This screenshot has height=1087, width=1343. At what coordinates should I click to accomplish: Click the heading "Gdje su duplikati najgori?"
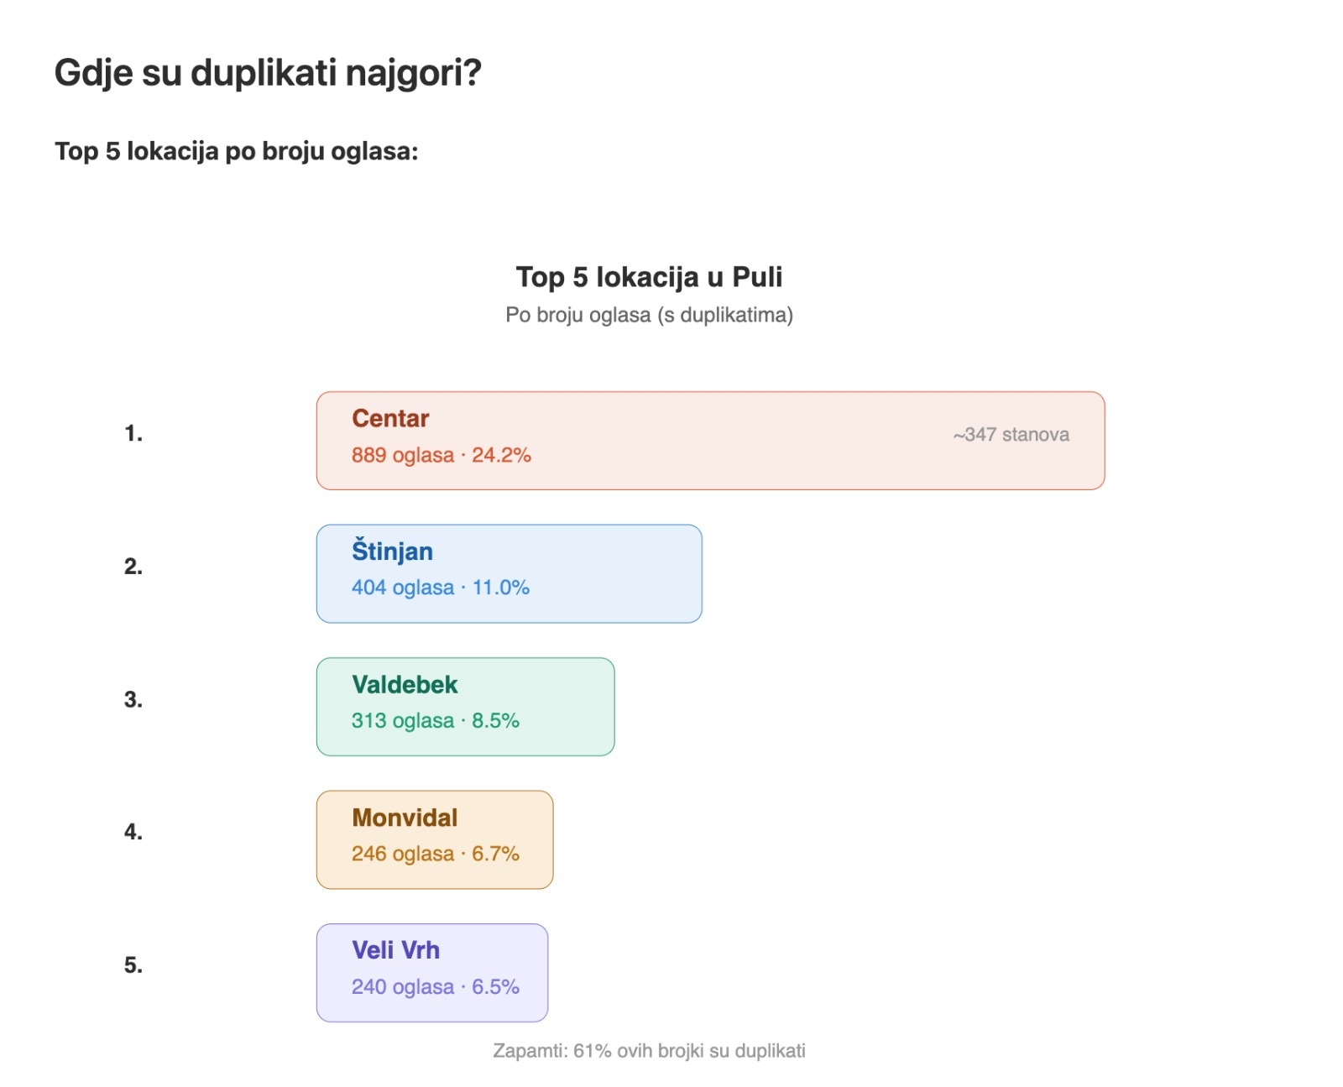point(268,73)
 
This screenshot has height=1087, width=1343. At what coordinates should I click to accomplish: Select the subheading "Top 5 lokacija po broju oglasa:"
point(236,151)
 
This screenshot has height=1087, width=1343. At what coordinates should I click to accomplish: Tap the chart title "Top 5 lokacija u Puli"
point(649,277)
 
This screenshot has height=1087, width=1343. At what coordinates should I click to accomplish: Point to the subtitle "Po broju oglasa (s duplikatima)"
point(649,315)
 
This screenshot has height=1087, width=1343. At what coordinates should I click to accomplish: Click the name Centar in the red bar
point(390,418)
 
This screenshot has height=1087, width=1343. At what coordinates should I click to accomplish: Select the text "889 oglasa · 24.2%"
point(441,455)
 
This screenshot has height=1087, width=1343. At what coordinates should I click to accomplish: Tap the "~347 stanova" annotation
point(1011,435)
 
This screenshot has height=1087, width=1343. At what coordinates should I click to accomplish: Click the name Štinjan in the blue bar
point(392,551)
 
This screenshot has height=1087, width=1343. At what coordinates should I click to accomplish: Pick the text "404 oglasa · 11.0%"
point(440,588)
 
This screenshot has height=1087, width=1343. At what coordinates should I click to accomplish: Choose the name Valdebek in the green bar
point(405,685)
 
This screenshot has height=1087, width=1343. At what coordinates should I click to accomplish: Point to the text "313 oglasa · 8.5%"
point(435,721)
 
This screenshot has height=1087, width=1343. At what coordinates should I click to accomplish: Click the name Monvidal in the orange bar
point(405,818)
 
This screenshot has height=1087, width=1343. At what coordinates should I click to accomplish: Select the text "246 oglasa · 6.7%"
point(435,854)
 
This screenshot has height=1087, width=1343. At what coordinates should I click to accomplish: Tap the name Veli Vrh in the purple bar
point(395,950)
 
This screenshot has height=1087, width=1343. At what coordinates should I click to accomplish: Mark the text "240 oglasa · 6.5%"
point(435,987)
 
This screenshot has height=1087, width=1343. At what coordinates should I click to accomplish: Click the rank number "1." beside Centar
point(133,434)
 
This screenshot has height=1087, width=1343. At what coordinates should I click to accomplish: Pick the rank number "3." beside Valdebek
point(133,700)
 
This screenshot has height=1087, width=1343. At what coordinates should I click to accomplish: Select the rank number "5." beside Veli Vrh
point(133,965)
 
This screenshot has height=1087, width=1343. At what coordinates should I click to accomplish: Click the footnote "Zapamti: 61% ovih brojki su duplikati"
point(649,1051)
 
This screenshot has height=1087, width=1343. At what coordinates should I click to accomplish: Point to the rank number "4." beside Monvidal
point(133,832)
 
